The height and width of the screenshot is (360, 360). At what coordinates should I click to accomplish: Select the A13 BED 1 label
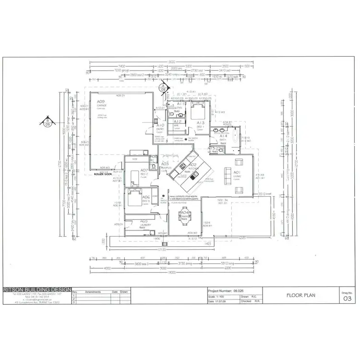pyautogui.click(x=201, y=124)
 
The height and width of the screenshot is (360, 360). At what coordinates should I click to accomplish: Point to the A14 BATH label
pyautogui.click(x=223, y=137)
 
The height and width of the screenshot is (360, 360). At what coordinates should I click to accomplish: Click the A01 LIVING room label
pyautogui.click(x=237, y=172)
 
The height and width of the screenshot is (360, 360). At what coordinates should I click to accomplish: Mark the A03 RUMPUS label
pyautogui.click(x=165, y=165)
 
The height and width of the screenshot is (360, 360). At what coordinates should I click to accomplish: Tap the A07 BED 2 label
pyautogui.click(x=144, y=172)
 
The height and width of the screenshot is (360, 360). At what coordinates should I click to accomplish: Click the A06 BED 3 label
pyautogui.click(x=146, y=198)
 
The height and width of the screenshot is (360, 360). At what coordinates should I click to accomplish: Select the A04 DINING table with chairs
pyautogui.click(x=184, y=217)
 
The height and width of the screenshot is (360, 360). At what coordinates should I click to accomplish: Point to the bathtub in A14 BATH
pyautogui.click(x=236, y=138)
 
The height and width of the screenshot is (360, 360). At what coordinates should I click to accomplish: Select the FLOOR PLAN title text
pyautogui.click(x=300, y=296)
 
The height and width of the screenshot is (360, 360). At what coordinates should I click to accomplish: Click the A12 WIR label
pyautogui.click(x=177, y=123)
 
